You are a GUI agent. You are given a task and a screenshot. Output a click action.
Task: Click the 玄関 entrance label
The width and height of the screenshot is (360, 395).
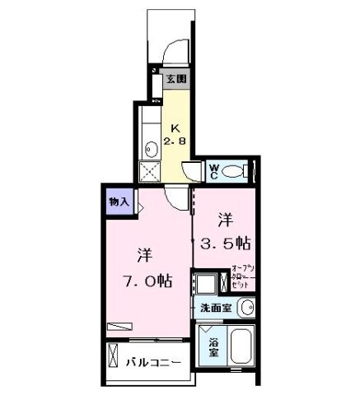click(x=175, y=80)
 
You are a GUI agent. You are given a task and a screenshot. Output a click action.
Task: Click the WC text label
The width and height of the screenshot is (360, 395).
click(x=213, y=172)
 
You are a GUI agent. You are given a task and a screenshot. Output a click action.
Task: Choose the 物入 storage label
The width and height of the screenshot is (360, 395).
click(x=118, y=202)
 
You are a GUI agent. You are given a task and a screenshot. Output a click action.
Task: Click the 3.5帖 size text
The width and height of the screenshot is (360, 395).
click(x=226, y=244)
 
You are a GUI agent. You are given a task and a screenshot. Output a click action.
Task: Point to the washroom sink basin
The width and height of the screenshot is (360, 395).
click(x=245, y=307)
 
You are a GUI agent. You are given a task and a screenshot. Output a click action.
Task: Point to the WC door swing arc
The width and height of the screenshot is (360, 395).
click(x=191, y=172)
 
